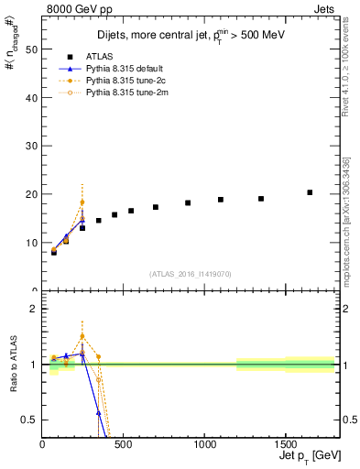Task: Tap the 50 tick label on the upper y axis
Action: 32,49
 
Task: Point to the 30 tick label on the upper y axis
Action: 32,146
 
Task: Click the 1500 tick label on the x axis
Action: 285,446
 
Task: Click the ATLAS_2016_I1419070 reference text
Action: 191,274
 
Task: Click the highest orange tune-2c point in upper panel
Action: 82,202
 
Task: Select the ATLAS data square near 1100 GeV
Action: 220,200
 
